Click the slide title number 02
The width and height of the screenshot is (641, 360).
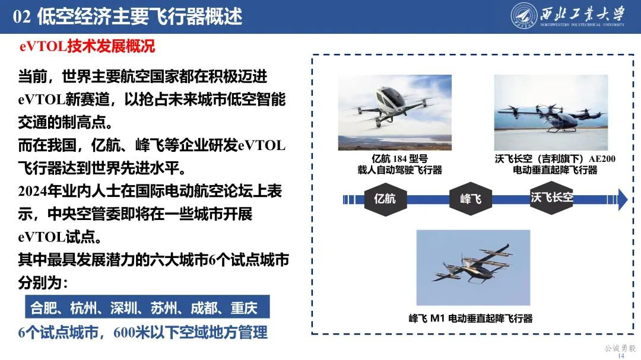click(21, 16)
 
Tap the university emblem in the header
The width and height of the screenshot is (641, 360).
click(523, 16)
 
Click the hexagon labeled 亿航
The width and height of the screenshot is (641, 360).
click(385, 199)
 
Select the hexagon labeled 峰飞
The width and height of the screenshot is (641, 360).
click(471, 199)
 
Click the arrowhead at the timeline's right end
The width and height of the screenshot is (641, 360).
click(622, 199)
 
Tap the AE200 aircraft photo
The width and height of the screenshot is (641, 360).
click(551, 112)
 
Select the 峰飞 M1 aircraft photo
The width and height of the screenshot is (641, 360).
click(473, 267)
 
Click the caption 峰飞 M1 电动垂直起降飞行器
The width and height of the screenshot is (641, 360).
click(471, 318)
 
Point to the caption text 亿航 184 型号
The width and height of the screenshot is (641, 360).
click(399, 159)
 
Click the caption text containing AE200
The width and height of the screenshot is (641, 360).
click(555, 159)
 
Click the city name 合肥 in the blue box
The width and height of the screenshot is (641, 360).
click(43, 308)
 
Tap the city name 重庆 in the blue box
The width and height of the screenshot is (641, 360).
click(244, 308)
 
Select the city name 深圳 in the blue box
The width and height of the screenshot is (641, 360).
click(123, 308)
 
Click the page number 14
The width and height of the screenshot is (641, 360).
click(621, 355)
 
